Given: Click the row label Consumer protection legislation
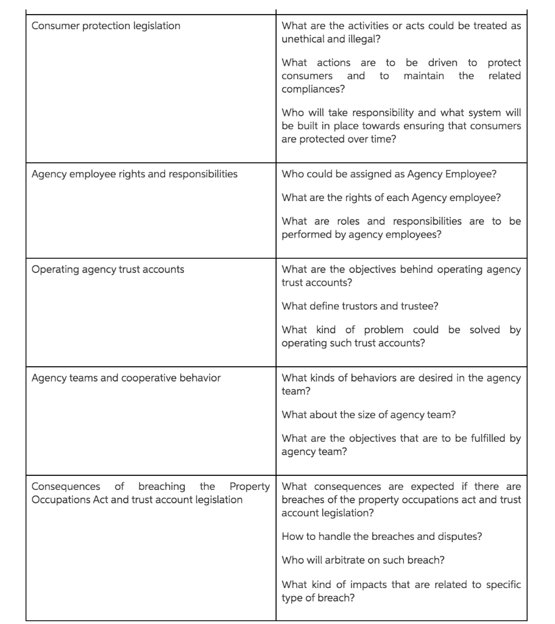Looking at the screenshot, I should tap(105, 26).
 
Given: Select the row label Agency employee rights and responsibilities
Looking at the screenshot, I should tap(134, 174).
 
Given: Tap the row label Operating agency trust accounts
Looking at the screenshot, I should tap(107, 269).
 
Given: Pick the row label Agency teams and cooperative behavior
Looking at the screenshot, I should tap(125, 378).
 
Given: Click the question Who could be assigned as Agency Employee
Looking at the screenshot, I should tap(389, 174).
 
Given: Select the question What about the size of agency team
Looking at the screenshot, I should tap(369, 415).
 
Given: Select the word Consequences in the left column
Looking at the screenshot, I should tap(65, 486).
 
